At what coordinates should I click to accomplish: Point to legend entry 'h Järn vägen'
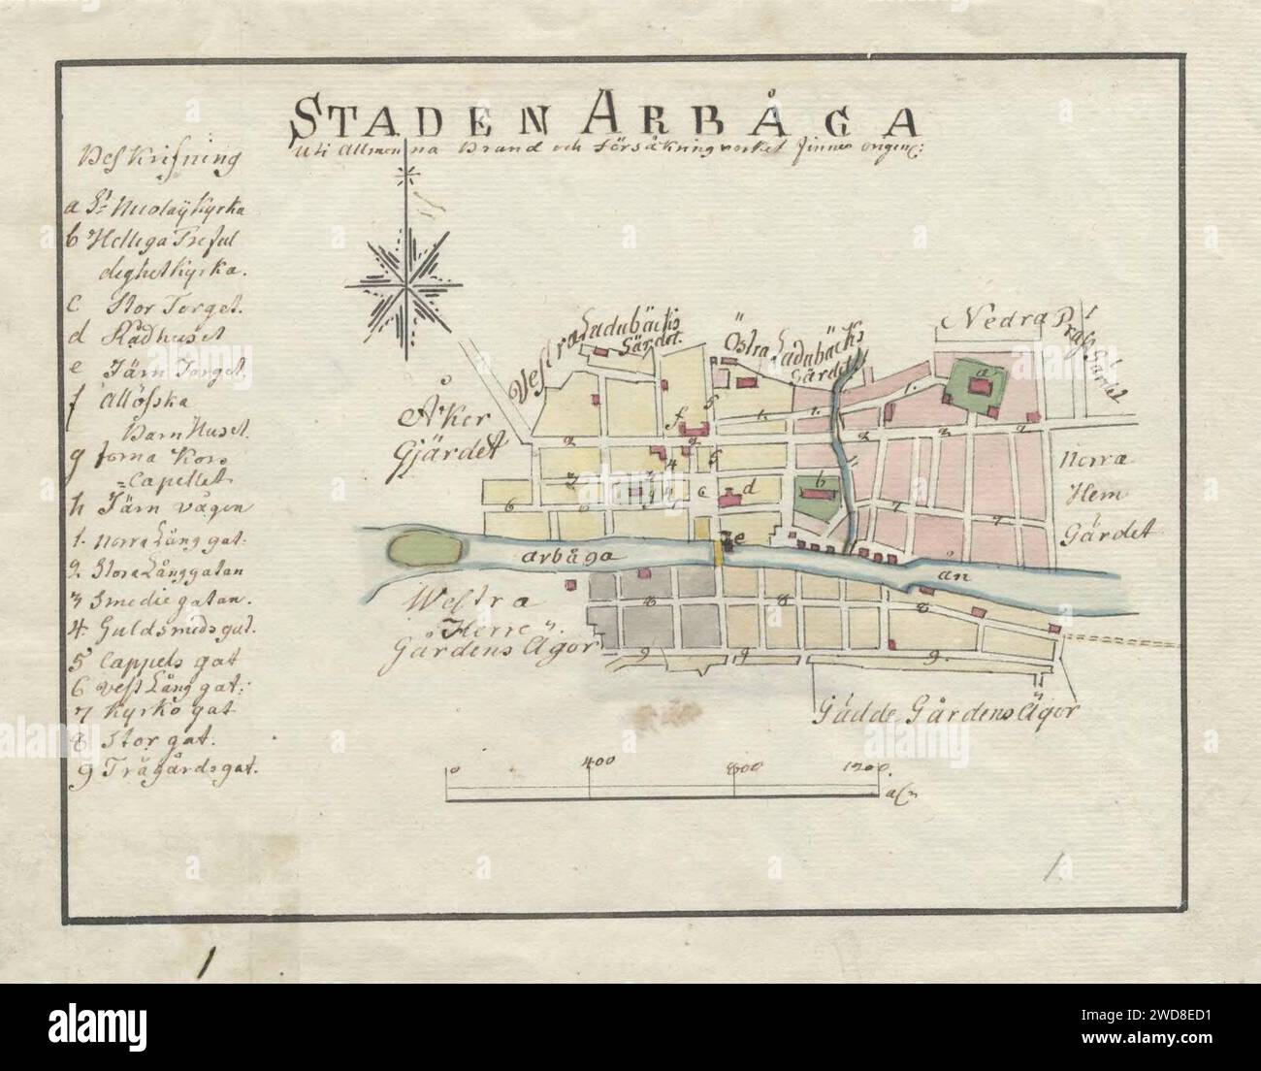point(160,506)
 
